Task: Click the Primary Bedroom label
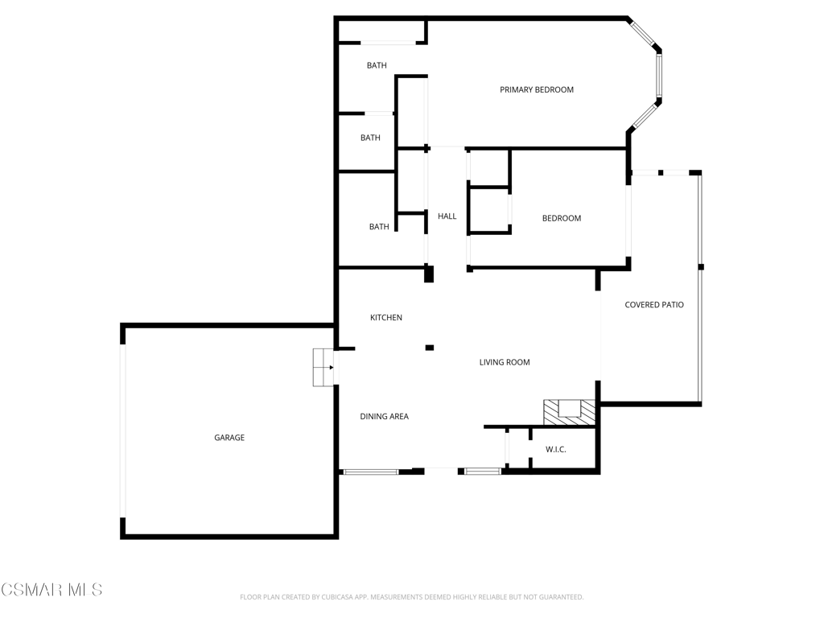coord(537,90)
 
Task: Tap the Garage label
coord(229,438)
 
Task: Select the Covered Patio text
coord(654,305)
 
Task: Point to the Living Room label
coord(505,362)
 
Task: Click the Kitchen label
coord(386,317)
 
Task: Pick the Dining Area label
coord(384,416)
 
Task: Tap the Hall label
coord(447,216)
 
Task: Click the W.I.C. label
coord(555,449)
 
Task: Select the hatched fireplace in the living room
coord(569,413)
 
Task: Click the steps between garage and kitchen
coord(323,367)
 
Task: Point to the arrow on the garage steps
coord(331,367)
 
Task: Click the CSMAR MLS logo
coord(51,590)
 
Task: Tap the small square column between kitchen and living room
coord(430,348)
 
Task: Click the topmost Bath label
coord(377,66)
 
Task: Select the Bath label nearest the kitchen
coord(379,227)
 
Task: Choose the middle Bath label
coord(370,138)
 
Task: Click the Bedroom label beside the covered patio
coord(562,218)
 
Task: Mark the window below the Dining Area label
coord(371,472)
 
